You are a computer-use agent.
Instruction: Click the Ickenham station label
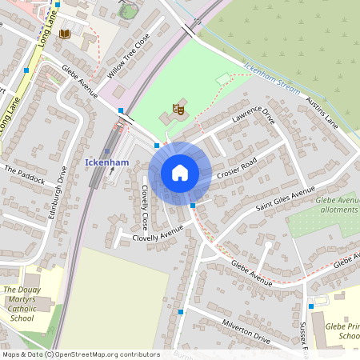click(106, 162)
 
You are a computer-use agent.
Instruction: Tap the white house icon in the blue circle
click(180, 173)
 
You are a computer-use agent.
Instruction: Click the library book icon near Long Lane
click(64, 34)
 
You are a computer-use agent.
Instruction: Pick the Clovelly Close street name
click(145, 207)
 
